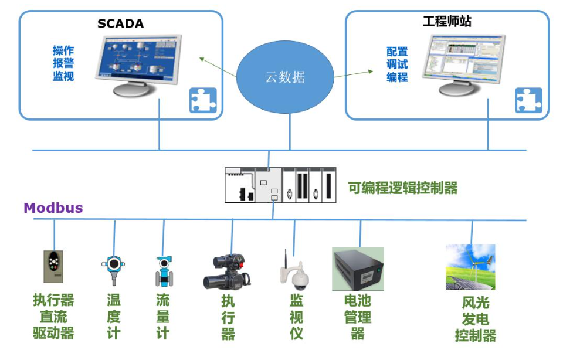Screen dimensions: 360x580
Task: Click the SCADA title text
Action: [120, 23]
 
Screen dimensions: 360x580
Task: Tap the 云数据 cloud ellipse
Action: [285, 77]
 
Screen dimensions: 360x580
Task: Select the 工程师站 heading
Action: [447, 22]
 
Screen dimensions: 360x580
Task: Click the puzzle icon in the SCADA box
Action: [203, 100]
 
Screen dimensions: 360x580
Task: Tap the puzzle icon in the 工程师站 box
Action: [528, 100]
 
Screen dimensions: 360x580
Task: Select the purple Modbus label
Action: [53, 208]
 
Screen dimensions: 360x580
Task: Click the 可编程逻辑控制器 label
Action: [402, 188]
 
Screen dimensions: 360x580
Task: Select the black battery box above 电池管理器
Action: [358, 269]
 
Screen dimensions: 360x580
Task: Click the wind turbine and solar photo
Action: [470, 267]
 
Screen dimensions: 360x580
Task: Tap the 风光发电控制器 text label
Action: [476, 319]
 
